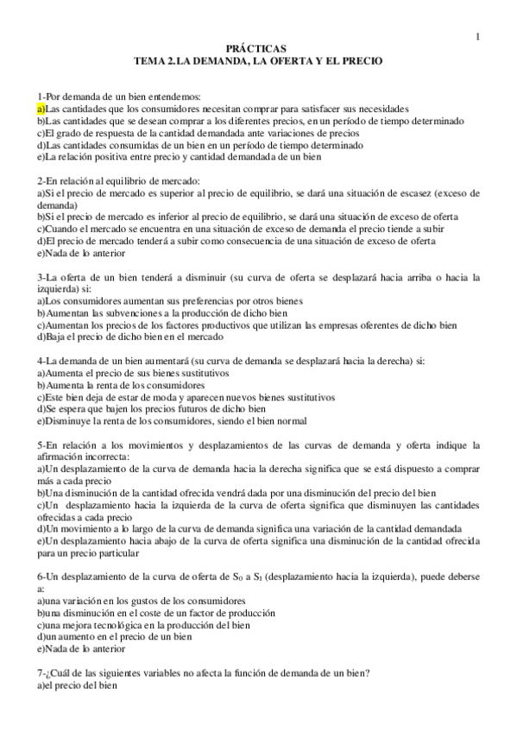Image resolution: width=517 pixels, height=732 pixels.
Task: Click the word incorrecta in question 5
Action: (x=107, y=456)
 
